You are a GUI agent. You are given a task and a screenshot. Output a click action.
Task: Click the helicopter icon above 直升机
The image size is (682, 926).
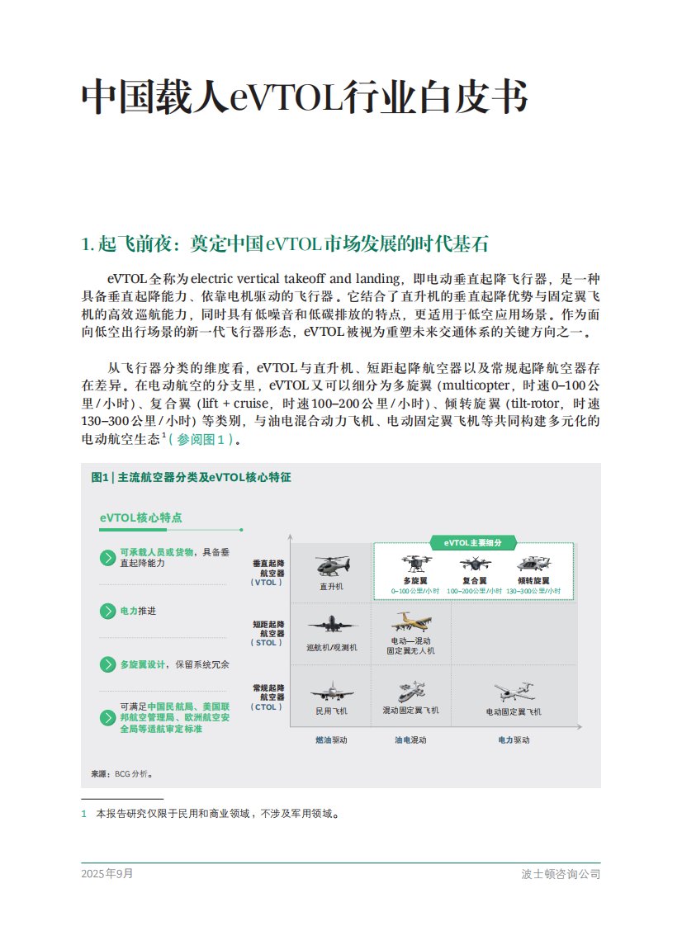tap(332, 566)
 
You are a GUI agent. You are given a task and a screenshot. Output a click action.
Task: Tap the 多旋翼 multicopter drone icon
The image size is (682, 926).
tap(414, 564)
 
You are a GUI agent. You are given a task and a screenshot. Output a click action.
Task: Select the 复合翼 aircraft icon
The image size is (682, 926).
tap(474, 564)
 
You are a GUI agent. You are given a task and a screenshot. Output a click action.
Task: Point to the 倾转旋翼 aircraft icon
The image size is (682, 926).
tap(533, 564)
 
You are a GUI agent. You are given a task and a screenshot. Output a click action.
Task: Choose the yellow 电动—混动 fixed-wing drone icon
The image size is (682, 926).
tap(410, 621)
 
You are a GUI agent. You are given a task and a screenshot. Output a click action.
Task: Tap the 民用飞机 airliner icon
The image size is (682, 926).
tap(332, 691)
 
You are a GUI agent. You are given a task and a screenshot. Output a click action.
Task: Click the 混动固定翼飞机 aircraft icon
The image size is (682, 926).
tap(410, 691)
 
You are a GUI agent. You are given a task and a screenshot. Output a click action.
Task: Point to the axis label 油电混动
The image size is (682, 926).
tap(410, 740)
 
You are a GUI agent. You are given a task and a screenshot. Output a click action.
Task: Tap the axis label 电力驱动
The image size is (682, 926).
tap(514, 740)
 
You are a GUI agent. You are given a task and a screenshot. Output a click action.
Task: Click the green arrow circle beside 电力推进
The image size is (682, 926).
tap(107, 612)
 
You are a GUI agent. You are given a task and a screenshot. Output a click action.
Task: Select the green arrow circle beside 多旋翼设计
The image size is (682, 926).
tap(107, 664)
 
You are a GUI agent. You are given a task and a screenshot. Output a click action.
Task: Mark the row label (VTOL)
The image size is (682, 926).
tap(266, 582)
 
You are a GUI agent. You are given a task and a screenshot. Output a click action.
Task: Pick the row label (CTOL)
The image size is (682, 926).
tap(266, 707)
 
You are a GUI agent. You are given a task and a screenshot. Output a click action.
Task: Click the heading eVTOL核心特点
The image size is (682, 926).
tap(140, 517)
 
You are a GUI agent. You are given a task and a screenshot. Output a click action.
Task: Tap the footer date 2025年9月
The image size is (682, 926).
tap(107, 873)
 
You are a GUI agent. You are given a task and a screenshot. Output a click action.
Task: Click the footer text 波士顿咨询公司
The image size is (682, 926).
tap(561, 873)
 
